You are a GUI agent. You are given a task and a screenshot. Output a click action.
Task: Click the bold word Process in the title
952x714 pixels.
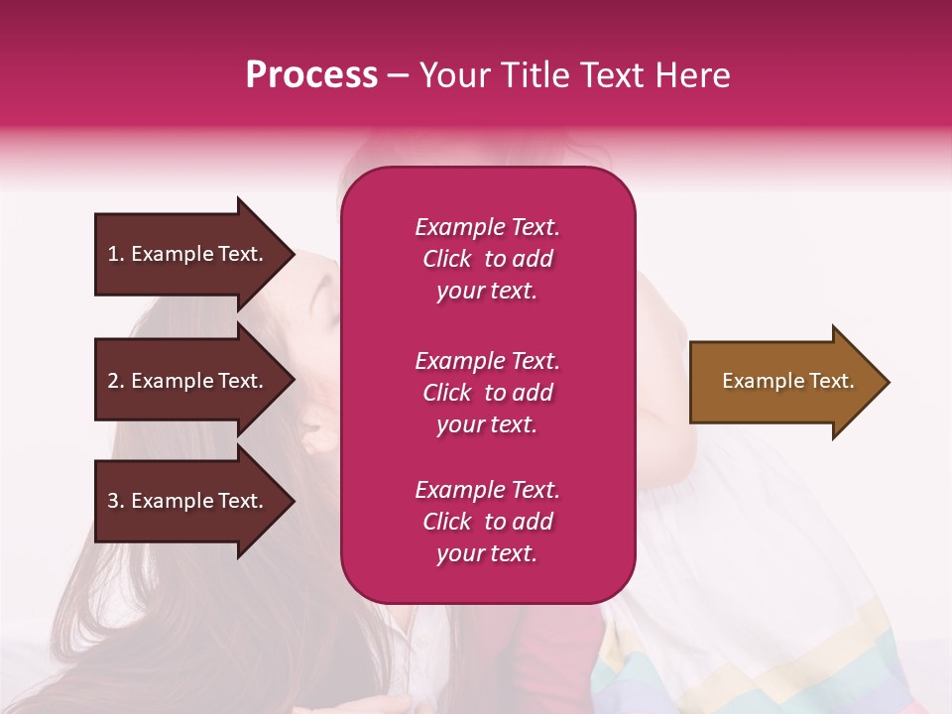click(x=311, y=75)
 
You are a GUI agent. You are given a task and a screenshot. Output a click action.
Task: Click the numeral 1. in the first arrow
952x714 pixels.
click(x=116, y=255)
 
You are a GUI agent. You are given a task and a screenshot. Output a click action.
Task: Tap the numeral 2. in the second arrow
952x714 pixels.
click(x=116, y=382)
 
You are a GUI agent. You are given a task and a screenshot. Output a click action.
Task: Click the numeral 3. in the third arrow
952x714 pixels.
click(x=116, y=502)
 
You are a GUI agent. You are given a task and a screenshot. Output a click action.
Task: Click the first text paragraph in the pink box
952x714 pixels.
click(x=487, y=259)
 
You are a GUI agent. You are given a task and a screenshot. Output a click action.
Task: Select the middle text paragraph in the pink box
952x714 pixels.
click(x=487, y=393)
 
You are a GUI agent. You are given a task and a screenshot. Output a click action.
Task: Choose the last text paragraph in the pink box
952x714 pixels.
click(x=487, y=522)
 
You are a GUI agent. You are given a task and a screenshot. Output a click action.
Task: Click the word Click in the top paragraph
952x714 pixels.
click(x=447, y=259)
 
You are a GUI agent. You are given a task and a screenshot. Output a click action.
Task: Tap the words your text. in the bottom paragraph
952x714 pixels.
click(x=487, y=553)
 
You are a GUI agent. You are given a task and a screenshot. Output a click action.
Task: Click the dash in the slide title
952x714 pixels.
click(x=398, y=76)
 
